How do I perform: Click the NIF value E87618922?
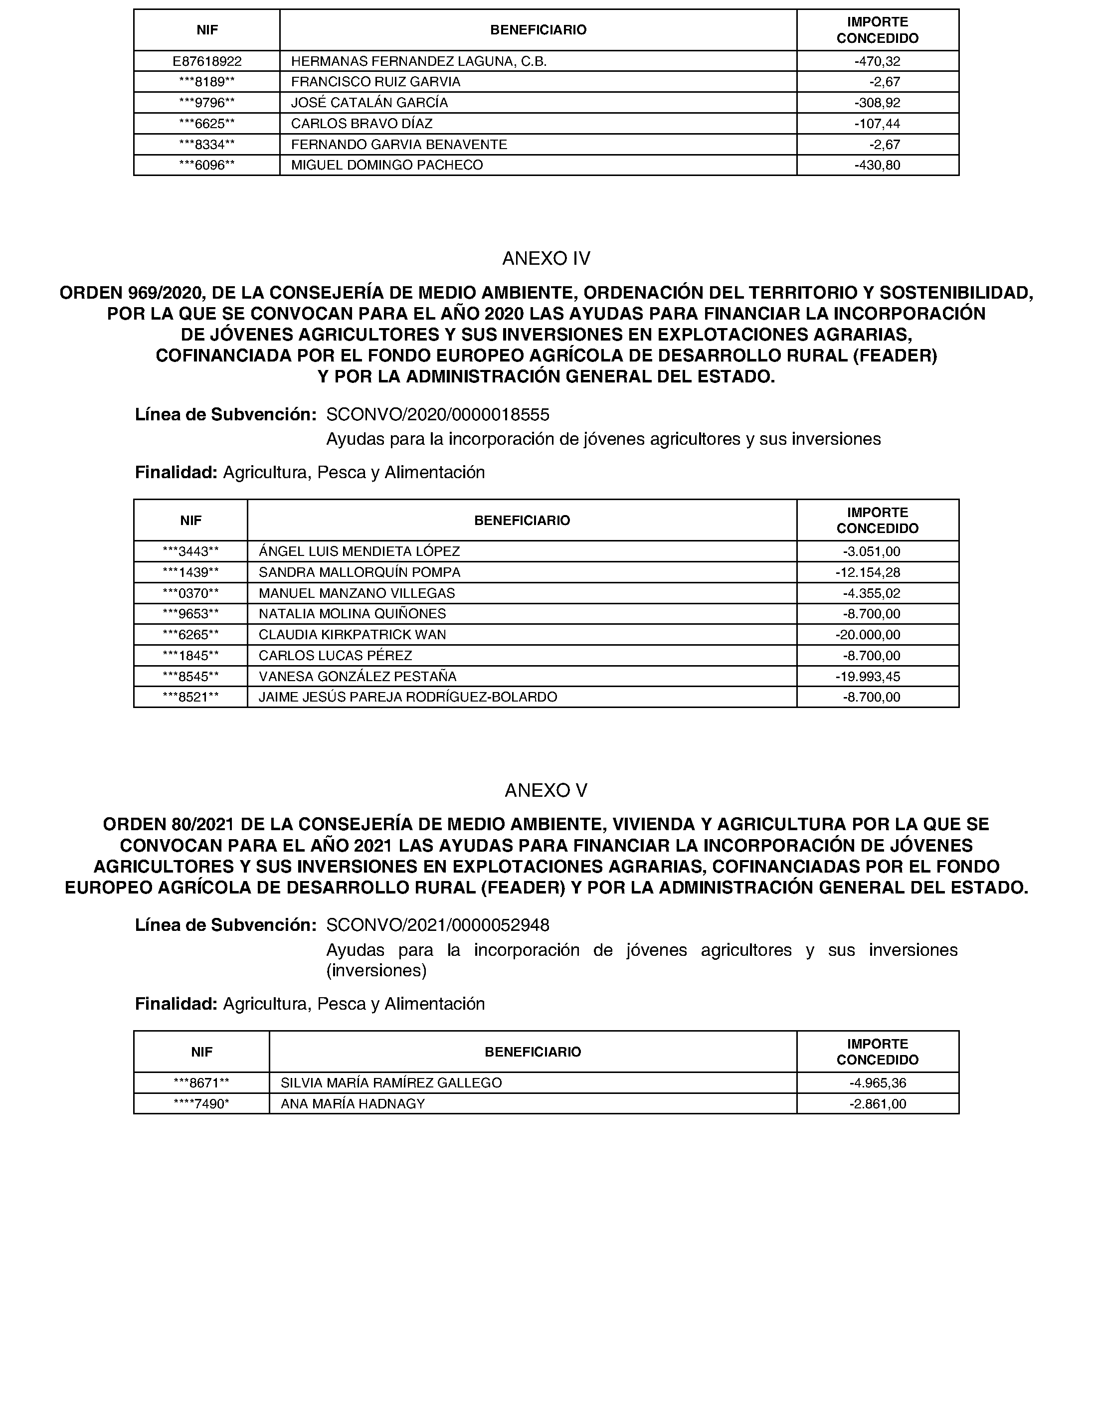207,61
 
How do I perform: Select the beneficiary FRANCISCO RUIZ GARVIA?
375,82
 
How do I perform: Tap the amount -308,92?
877,103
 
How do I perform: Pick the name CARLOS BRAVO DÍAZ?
361,124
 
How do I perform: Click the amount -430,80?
877,165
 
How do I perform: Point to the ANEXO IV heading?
546,259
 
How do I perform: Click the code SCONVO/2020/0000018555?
437,414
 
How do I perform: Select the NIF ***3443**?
190,551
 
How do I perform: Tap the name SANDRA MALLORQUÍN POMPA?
359,572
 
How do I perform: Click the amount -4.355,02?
871,593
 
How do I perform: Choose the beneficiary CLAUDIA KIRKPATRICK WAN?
352,634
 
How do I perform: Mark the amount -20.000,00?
868,634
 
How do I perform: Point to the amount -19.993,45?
868,677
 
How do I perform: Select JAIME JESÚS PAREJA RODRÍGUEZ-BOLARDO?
407,698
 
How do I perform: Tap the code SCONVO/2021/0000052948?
437,925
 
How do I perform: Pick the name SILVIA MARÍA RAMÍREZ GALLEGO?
391,1083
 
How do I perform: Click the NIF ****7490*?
201,1104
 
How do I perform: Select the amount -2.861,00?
877,1104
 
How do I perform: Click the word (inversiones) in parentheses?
376,971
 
